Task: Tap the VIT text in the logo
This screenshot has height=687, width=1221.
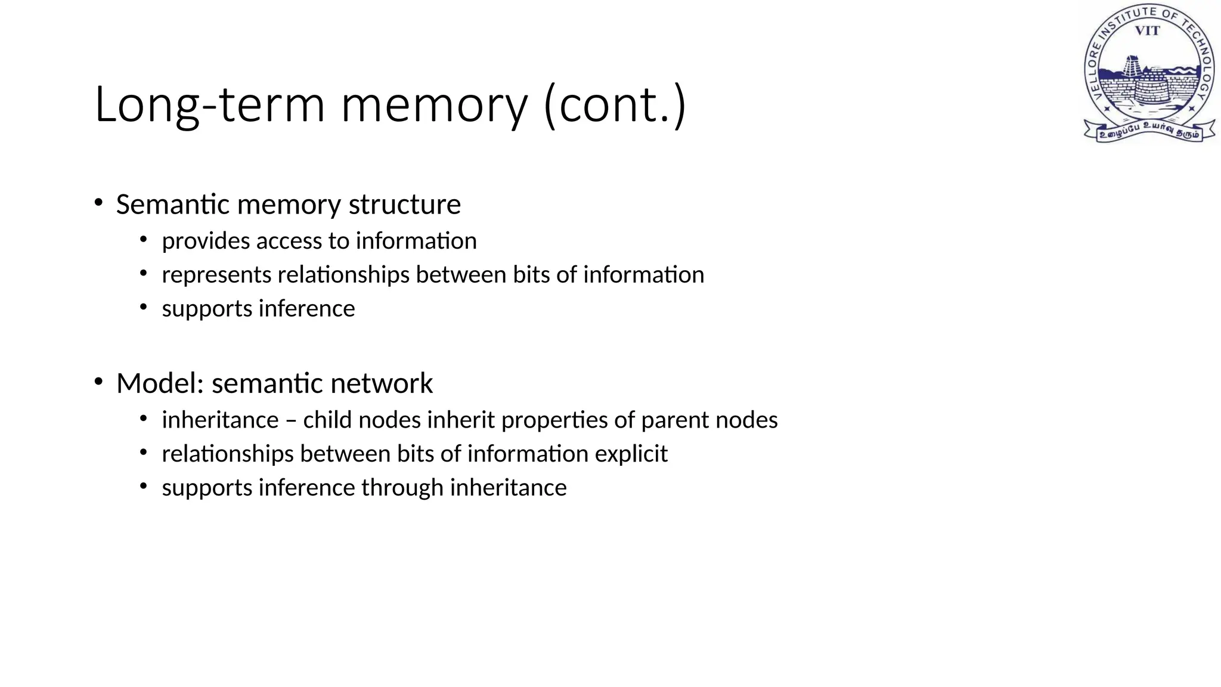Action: (x=1147, y=31)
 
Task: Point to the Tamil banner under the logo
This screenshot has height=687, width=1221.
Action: (x=1149, y=131)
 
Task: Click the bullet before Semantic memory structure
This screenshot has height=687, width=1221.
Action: (x=98, y=202)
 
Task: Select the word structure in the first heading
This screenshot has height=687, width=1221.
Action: (x=405, y=205)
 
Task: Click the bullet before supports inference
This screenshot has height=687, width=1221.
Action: (x=143, y=307)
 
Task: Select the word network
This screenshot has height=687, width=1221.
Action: (x=382, y=383)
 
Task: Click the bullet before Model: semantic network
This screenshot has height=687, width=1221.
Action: (x=98, y=381)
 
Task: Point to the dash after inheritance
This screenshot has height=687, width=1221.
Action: (x=291, y=420)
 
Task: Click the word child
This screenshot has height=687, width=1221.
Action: (x=327, y=420)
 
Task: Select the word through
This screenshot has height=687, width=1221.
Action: (x=402, y=488)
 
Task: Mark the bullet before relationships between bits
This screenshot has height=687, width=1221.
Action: (x=143, y=453)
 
